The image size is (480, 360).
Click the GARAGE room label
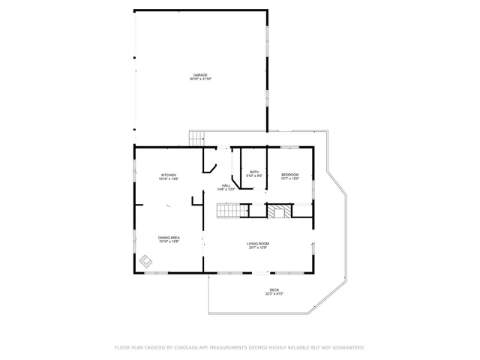coord(200,75)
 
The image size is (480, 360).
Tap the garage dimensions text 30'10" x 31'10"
coord(200,79)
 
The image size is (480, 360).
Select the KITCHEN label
coord(168,175)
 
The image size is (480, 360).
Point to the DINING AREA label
coord(169,238)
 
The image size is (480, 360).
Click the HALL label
coord(226,185)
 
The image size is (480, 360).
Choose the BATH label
coord(254,172)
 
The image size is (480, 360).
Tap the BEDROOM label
coord(290,175)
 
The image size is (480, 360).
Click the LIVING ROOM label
coord(258,244)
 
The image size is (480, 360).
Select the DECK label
coord(274,290)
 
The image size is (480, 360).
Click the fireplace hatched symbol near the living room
coord(279,211)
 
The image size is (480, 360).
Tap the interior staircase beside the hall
coord(231,211)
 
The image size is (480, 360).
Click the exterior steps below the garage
coord(196,138)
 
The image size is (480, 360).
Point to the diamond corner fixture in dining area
coord(145,262)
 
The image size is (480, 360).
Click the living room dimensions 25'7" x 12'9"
coord(258,247)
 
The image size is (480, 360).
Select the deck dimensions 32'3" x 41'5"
coord(274,294)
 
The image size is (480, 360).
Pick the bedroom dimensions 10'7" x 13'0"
coord(290,178)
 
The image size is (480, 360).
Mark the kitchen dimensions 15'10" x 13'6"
coord(168,179)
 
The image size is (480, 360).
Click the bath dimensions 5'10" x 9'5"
coord(254,175)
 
